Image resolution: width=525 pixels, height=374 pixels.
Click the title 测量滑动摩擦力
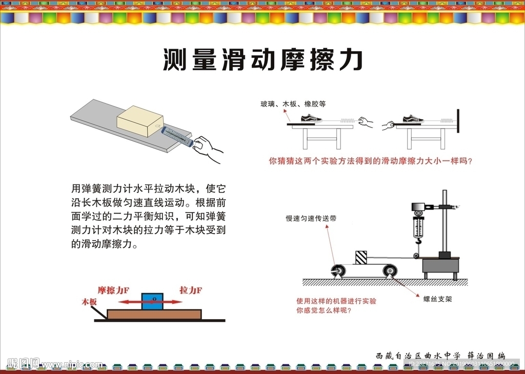point(262,60)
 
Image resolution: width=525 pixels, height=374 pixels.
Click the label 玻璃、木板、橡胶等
point(293,104)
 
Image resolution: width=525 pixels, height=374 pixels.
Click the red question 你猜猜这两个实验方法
point(370,161)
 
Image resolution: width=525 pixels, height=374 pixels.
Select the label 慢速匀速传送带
point(311,218)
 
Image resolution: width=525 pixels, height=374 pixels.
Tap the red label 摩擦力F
point(113,290)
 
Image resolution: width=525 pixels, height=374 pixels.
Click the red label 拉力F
point(190,290)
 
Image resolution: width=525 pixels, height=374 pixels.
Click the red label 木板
point(89,302)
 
